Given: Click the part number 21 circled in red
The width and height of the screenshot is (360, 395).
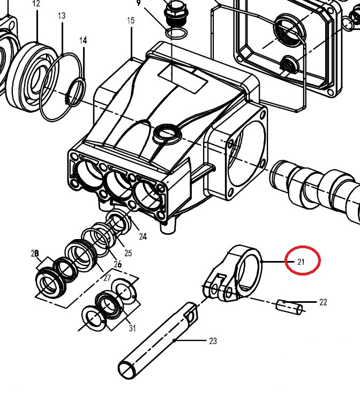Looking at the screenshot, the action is pos(301,262).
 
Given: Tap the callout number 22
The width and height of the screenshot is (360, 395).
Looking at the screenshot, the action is pos(323,302).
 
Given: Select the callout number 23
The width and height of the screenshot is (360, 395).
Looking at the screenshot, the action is pos(213,341).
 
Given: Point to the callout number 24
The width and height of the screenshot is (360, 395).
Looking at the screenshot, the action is pos(142,236).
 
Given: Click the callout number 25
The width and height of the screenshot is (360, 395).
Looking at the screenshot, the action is pos(128,252).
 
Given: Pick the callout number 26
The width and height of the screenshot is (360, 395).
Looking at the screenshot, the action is pos(117,264).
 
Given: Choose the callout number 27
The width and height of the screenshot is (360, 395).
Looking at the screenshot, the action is pos(107,278).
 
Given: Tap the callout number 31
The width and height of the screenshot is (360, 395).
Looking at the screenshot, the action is pos(132,328).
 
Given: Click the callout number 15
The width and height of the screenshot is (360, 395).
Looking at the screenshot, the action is pos(131,20).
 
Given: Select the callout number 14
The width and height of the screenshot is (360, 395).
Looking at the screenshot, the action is pos(83,40).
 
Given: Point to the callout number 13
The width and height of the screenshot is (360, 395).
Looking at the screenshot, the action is pos(62,16).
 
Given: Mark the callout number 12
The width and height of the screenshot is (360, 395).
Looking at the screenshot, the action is pos(36,3).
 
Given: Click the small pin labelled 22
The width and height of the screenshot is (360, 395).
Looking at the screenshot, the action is pos(289,307).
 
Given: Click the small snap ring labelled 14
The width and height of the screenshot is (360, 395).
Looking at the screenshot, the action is pos(76,92).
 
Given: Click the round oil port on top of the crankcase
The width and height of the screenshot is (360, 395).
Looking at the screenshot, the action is pos(168,134).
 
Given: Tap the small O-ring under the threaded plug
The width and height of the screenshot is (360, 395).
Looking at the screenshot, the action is pos(176,33).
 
